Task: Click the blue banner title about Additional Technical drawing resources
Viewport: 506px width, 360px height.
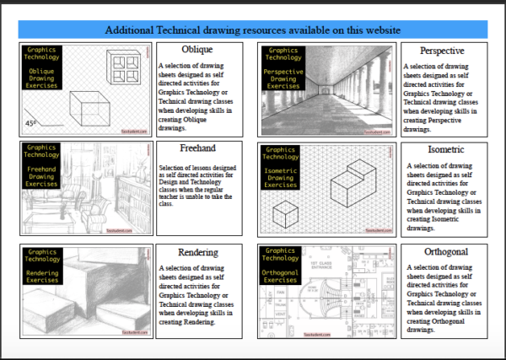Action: click(252, 30)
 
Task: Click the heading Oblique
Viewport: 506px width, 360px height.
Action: click(196, 50)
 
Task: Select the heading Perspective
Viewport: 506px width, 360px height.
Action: click(442, 51)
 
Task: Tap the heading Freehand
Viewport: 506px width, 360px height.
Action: click(197, 149)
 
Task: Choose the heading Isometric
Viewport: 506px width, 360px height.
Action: click(442, 149)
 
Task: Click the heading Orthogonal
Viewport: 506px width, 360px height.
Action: click(442, 251)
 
